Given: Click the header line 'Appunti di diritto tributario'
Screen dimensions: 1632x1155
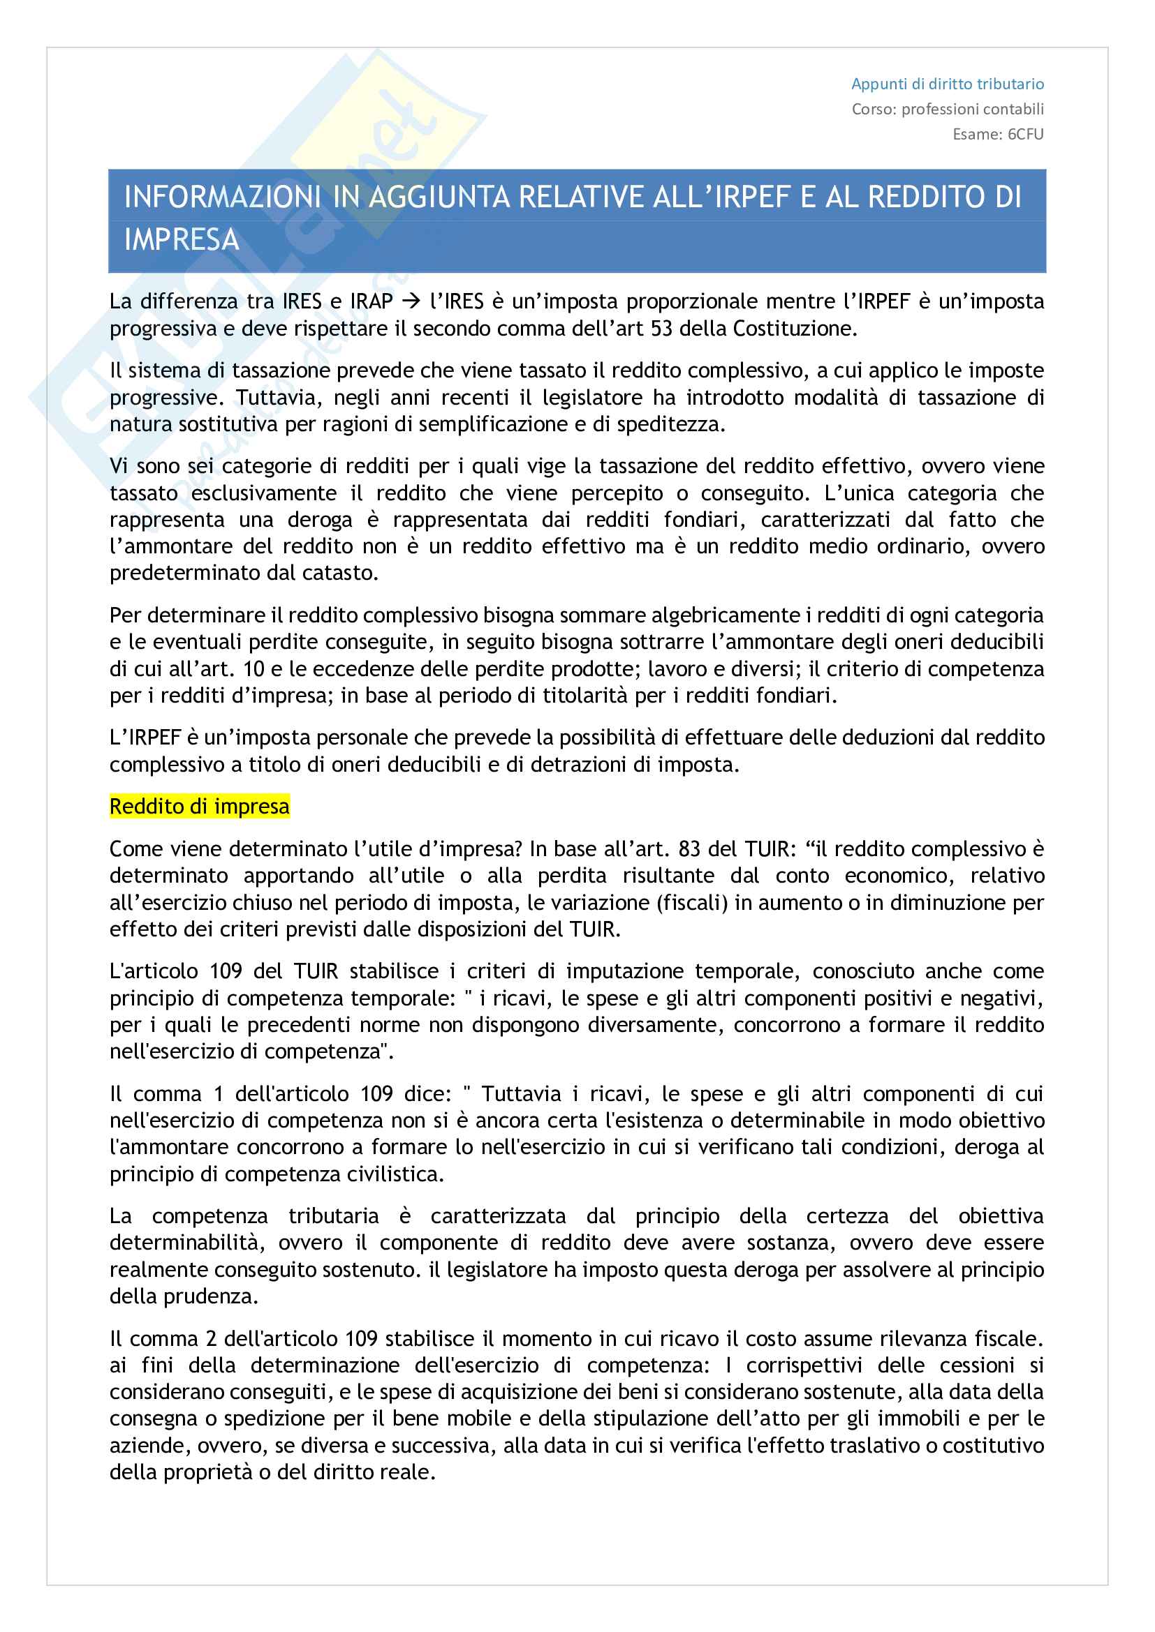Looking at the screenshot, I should (947, 84).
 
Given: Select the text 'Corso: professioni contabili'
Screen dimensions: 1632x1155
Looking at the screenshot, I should (948, 109).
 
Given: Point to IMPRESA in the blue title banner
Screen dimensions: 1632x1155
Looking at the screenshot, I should (182, 239).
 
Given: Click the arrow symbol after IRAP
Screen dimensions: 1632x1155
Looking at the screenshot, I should (411, 301).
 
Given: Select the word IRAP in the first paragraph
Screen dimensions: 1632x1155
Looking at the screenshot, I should (371, 301).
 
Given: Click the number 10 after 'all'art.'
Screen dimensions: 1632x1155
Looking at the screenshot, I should (254, 669).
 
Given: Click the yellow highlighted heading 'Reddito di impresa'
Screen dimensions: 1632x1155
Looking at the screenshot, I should (199, 807).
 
